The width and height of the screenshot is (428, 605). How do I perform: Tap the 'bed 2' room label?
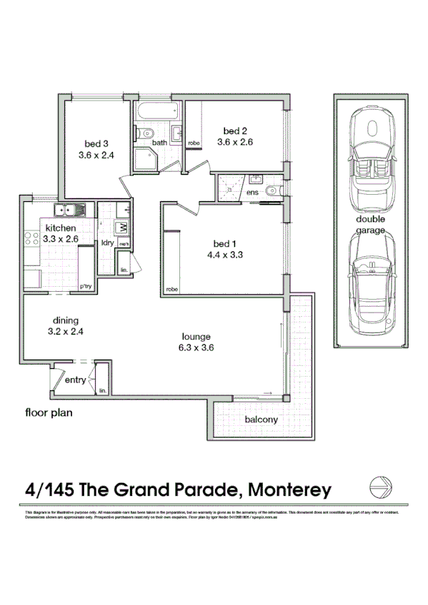pyautogui.click(x=235, y=131)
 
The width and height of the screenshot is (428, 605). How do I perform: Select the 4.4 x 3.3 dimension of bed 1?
pyautogui.click(x=222, y=253)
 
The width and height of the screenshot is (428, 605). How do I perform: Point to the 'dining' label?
pyautogui.click(x=65, y=320)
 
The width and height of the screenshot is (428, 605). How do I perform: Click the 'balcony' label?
pyautogui.click(x=261, y=420)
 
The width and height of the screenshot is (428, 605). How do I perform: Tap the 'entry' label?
pyautogui.click(x=75, y=380)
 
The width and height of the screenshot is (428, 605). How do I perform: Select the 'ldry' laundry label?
pyautogui.click(x=109, y=243)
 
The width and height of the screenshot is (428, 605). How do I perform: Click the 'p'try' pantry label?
pyautogui.click(x=86, y=286)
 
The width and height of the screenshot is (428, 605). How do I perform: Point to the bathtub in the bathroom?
pyautogui.click(x=158, y=112)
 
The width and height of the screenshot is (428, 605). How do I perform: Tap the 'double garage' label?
pyautogui.click(x=371, y=225)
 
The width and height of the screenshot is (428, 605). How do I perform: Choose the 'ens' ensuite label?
pyautogui.click(x=252, y=192)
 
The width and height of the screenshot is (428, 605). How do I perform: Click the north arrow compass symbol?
pyautogui.click(x=379, y=488)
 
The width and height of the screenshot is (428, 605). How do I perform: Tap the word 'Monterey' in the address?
pyautogui.click(x=289, y=489)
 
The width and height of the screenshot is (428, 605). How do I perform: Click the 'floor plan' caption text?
pyautogui.click(x=49, y=412)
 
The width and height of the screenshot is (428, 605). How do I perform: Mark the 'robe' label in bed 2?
pyautogui.click(x=193, y=143)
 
